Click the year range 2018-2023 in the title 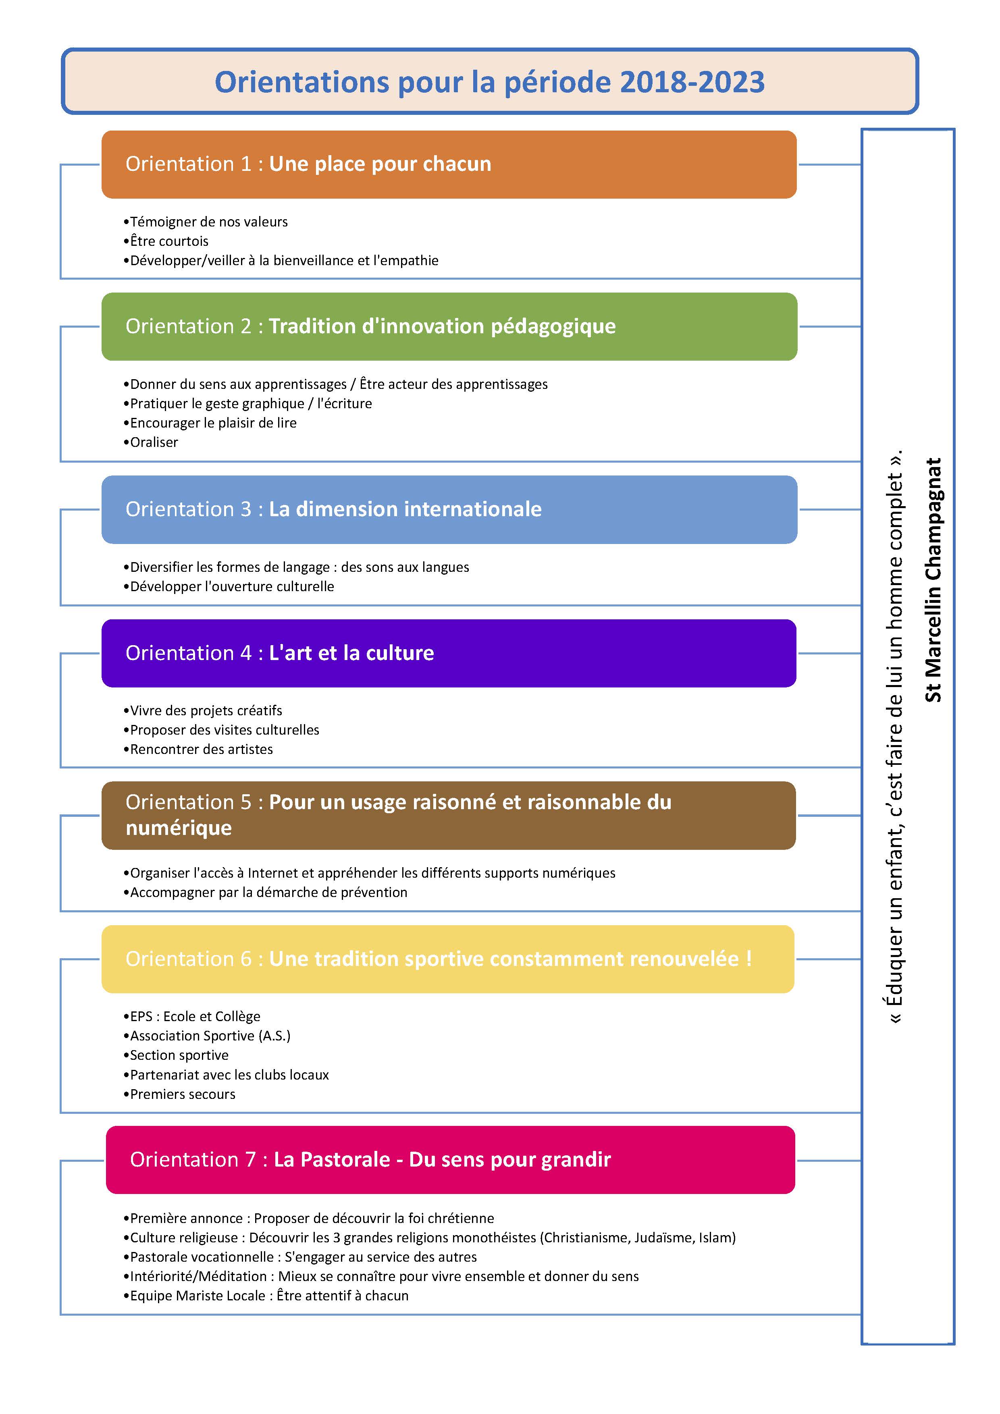click(692, 82)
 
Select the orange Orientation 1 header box click(449, 164)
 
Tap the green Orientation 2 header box click(449, 326)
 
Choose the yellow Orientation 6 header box click(448, 959)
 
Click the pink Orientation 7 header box click(450, 1160)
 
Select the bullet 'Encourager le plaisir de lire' click(210, 423)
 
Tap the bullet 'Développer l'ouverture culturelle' click(229, 586)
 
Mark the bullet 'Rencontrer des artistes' click(198, 750)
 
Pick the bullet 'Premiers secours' click(179, 1094)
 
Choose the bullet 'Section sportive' click(176, 1056)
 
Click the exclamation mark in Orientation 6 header click(748, 959)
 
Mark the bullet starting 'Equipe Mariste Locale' click(266, 1296)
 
